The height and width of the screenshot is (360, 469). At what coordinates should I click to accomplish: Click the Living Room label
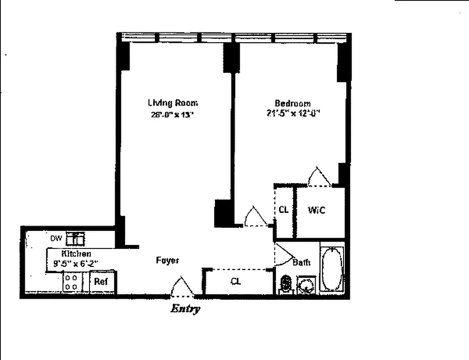173,103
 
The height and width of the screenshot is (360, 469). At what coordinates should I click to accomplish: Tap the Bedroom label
292,103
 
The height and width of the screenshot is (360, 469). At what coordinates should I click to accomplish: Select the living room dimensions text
173,114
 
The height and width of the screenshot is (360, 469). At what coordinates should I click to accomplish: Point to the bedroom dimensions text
292,114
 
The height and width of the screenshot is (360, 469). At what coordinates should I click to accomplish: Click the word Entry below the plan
185,309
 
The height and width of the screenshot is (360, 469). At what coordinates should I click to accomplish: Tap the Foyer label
167,260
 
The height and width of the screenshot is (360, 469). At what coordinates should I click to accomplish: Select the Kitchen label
76,254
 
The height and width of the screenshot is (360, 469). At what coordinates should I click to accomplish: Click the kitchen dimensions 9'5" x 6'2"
76,264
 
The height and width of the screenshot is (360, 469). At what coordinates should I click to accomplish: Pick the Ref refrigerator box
101,282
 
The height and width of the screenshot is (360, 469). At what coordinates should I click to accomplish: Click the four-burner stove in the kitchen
71,282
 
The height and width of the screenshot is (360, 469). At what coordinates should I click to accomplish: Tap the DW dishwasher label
56,238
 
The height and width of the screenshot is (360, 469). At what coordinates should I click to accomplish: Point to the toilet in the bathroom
286,284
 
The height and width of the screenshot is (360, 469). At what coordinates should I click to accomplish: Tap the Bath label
301,262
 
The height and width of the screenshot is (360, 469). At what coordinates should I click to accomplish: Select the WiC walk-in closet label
316,210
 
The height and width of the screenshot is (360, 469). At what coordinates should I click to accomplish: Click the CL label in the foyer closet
236,282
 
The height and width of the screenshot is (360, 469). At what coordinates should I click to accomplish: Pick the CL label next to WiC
283,210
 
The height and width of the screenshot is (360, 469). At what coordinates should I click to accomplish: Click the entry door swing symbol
182,288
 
